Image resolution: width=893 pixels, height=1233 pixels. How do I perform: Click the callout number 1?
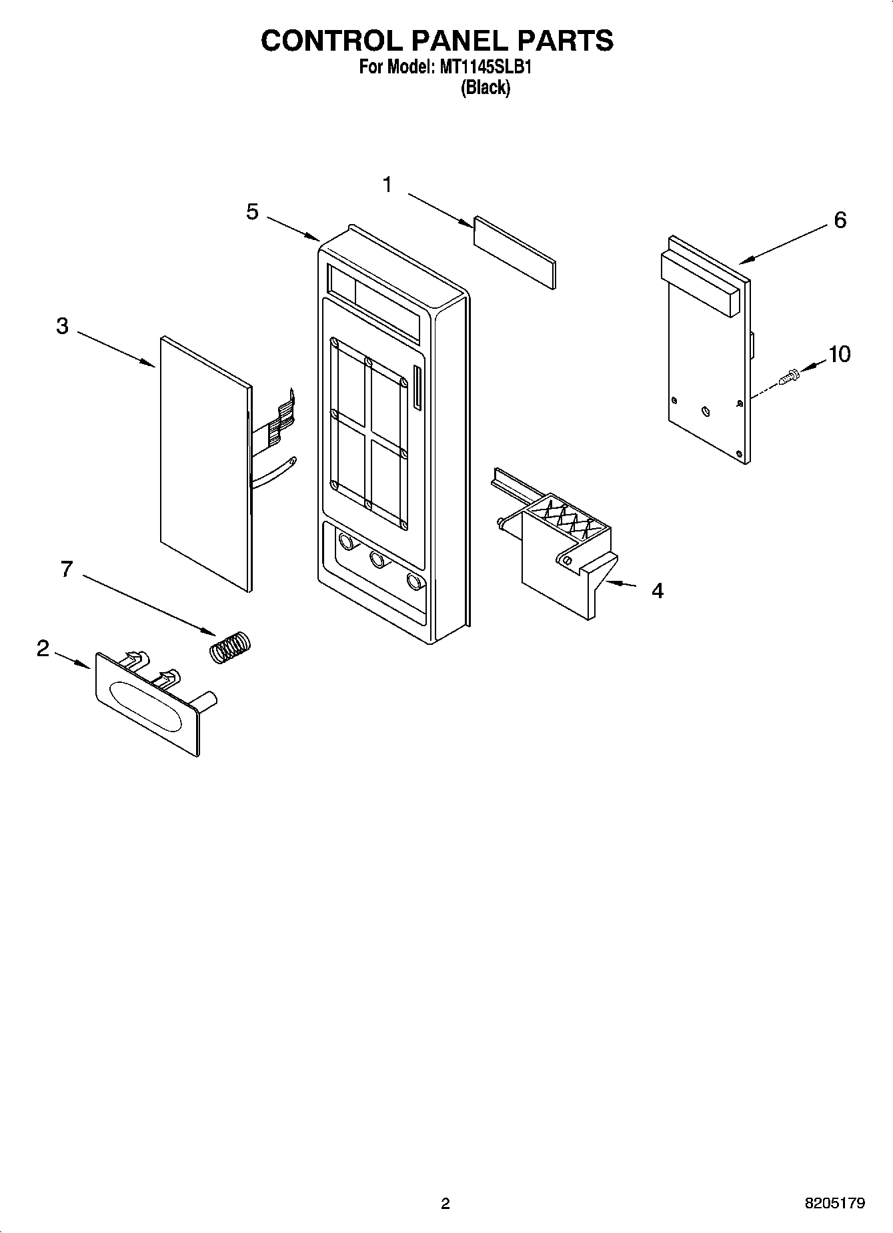387,185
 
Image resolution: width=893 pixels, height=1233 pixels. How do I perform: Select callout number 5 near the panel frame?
252,212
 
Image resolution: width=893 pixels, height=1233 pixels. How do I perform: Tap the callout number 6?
840,220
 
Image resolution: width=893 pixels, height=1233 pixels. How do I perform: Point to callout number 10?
839,354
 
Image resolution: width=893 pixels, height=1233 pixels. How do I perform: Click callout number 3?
62,327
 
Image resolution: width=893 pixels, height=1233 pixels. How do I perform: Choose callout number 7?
66,569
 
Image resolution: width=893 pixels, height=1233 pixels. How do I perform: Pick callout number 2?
43,648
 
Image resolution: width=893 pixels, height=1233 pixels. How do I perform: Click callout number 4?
657,591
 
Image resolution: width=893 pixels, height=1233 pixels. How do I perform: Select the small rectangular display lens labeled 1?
514,253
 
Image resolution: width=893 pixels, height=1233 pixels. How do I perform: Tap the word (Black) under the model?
485,87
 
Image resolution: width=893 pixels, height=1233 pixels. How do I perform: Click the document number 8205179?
835,1203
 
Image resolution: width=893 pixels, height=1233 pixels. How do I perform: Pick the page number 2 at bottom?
445,1203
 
